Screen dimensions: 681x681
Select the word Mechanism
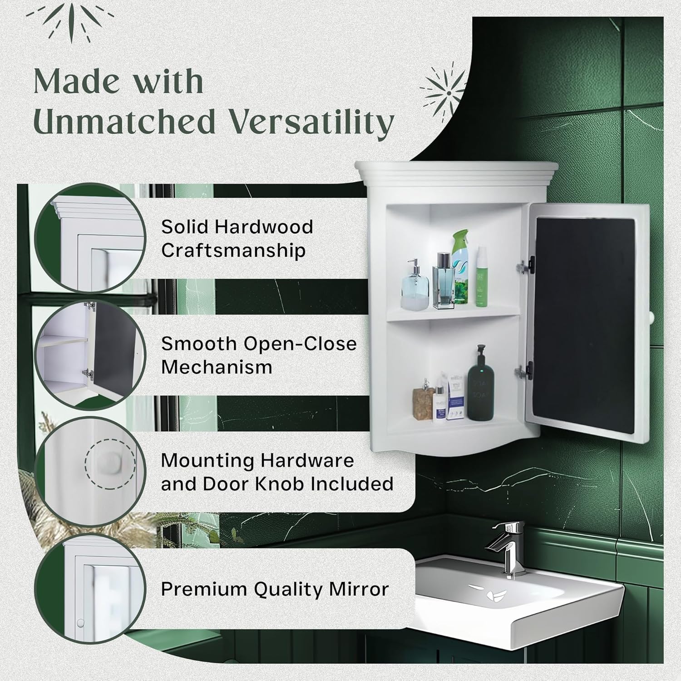(217, 367)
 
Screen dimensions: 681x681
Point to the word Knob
(281, 484)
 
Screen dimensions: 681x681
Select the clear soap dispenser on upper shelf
(415, 286)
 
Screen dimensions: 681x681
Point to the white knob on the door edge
(651, 316)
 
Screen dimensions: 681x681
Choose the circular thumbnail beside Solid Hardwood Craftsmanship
(90, 238)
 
